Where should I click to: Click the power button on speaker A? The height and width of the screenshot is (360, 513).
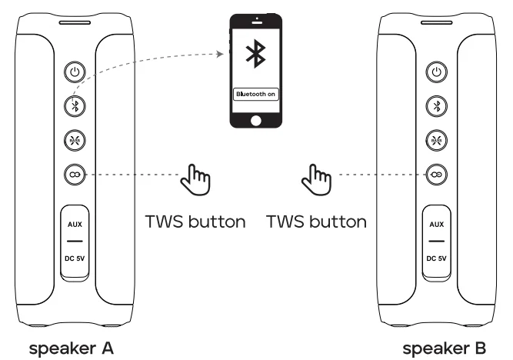pyautogui.click(x=75, y=72)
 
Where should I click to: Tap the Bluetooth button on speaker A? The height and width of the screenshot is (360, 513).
pyautogui.click(x=75, y=106)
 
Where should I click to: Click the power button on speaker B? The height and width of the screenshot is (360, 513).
pyautogui.click(x=437, y=72)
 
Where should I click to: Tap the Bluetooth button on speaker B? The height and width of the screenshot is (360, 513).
pyautogui.click(x=437, y=106)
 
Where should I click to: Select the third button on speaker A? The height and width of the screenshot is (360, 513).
pyautogui.click(x=75, y=140)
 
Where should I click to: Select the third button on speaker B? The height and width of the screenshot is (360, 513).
pyautogui.click(x=437, y=140)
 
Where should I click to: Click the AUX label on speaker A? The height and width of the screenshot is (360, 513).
pyautogui.click(x=75, y=224)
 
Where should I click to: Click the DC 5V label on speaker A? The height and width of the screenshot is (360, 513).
pyautogui.click(x=75, y=258)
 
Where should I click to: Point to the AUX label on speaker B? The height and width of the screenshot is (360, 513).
pyautogui.click(x=437, y=224)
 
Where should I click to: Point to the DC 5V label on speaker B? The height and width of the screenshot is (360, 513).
pyautogui.click(x=437, y=258)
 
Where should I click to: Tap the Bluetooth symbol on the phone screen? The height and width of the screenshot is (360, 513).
pyautogui.click(x=255, y=55)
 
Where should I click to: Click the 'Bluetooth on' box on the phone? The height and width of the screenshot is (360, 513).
pyautogui.click(x=255, y=94)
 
